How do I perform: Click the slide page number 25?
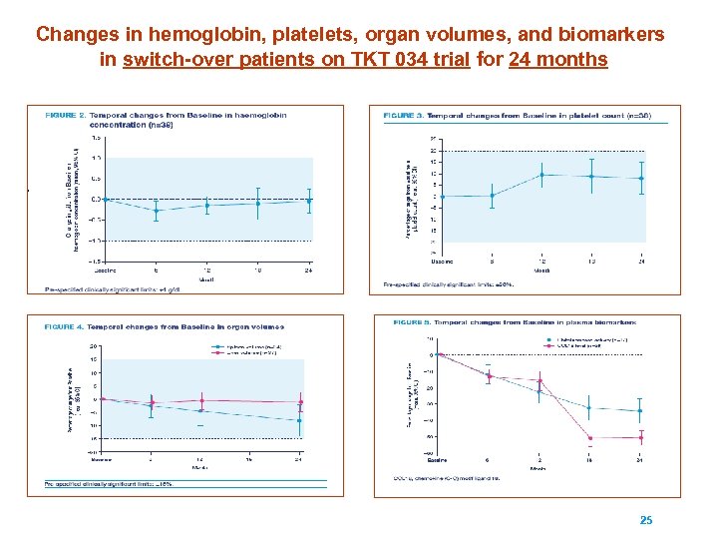pos(645,520)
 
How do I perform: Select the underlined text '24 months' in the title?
pos(557,60)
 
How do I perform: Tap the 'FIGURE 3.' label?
pos(404,115)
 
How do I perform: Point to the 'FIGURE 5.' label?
pos(413,322)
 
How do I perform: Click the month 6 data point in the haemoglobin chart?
pos(157,211)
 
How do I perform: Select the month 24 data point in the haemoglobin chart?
pos(309,201)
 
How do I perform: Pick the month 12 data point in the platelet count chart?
pos(541,175)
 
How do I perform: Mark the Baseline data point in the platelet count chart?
pos(442,196)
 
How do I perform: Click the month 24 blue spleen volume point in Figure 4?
pos(299,420)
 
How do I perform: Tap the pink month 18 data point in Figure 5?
pos(589,438)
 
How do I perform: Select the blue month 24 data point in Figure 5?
pos(639,411)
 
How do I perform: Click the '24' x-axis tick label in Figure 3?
pos(641,261)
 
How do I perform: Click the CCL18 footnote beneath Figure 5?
pos(438,477)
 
